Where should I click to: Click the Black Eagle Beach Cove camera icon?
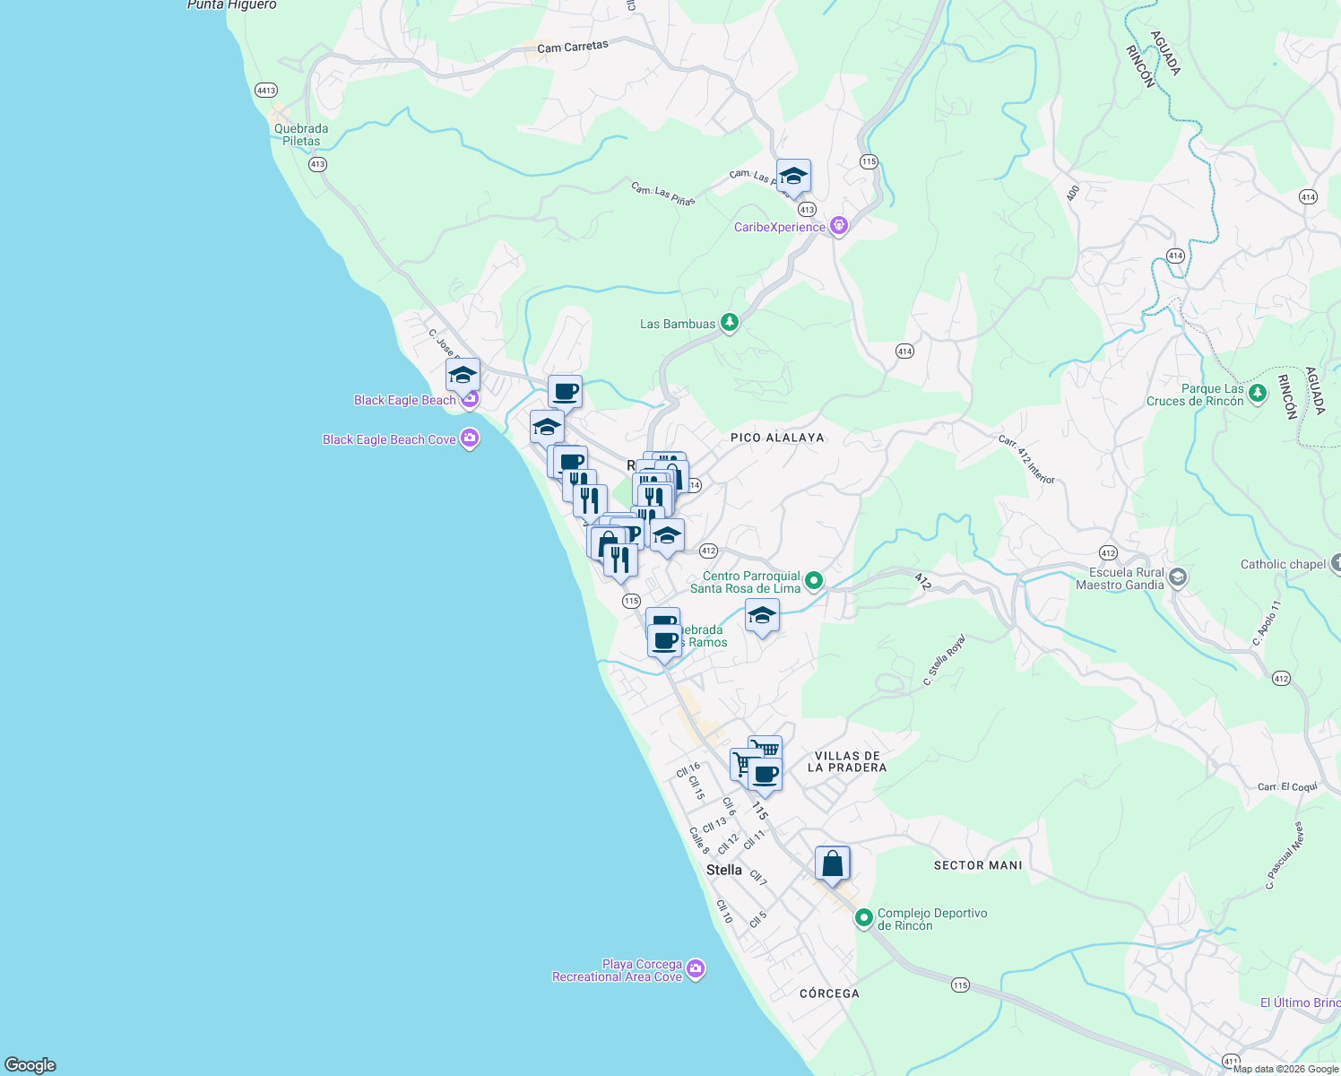pos(469,438)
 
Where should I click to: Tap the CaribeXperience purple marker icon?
pos(839,226)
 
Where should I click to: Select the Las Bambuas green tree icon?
pos(730,323)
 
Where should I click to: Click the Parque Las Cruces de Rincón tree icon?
pos(1258,393)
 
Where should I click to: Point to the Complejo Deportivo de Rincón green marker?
pos(863,918)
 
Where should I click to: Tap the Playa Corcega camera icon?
pos(696,969)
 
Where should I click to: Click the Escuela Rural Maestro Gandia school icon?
pos(1178,577)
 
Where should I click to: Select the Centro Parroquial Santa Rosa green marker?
pos(814,581)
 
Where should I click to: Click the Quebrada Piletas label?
pos(301,134)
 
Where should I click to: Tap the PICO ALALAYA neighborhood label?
pos(777,438)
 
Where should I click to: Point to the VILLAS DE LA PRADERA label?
pos(847,761)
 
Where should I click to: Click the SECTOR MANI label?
pos(978,865)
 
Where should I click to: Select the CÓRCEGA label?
pos(829,994)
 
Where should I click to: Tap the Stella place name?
pos(724,870)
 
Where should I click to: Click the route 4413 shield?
pos(266,91)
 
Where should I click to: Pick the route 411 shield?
pos(1231,1061)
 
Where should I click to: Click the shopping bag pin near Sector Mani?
pos(832,864)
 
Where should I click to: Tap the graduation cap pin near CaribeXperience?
pos(793,176)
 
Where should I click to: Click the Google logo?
pos(30,1064)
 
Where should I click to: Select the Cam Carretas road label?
pos(573,47)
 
